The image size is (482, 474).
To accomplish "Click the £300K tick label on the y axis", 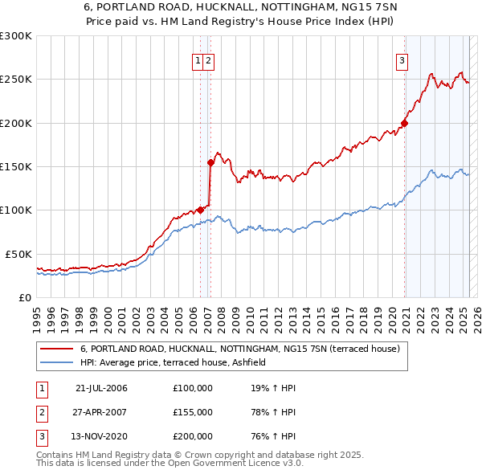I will tap(16, 36).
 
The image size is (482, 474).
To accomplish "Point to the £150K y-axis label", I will tap(16, 166).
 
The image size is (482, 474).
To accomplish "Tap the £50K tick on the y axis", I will tap(19, 254).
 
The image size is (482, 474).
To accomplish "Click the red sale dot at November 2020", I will tap(404, 123).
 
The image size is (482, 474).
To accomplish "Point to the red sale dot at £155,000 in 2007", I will tap(210, 161).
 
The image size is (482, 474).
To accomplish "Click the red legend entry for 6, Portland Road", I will tap(234, 349).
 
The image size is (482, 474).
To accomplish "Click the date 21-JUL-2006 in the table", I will tap(101, 388).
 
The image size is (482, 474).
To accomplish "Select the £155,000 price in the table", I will tap(193, 412).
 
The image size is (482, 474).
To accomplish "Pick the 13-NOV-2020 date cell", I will tap(101, 437).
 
